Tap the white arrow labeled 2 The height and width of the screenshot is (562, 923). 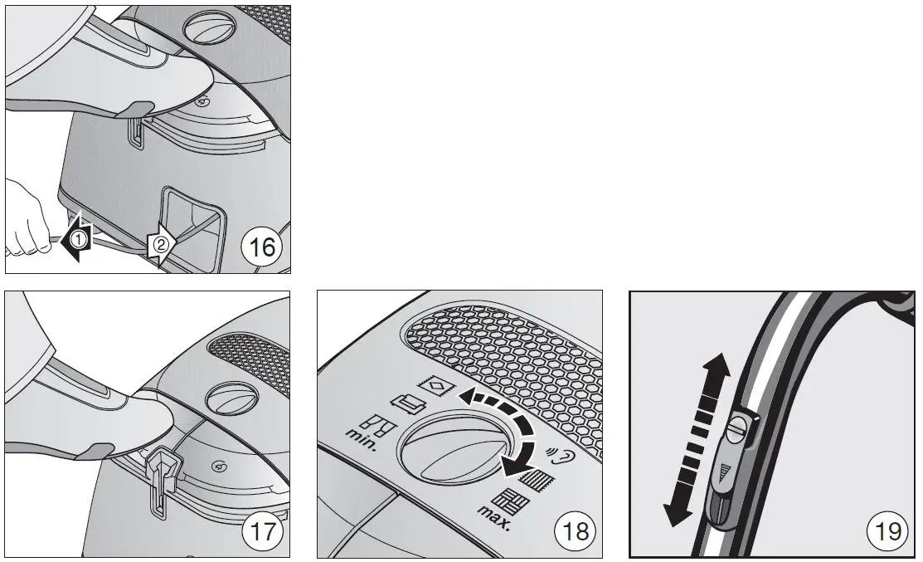click(159, 245)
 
